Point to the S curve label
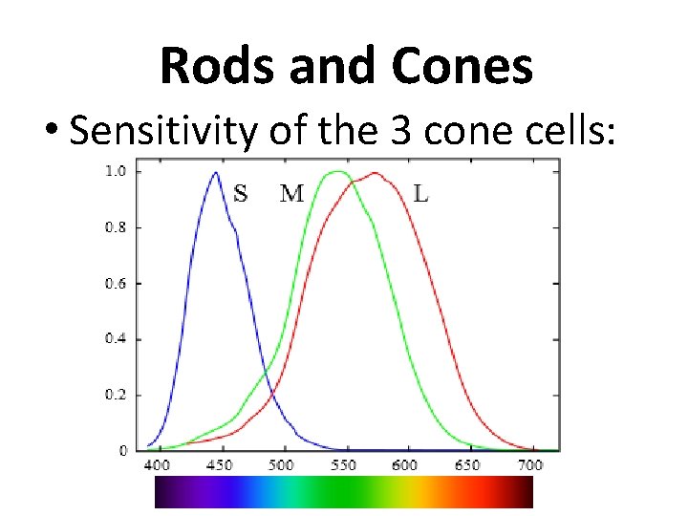click(x=241, y=194)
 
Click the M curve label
click(x=291, y=194)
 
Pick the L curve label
click(x=420, y=194)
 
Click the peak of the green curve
click(x=336, y=173)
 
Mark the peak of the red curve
click(x=376, y=174)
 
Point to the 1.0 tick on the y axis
click(x=116, y=172)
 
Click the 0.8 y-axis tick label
click(x=116, y=227)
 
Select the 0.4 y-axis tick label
click(x=116, y=339)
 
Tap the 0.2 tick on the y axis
click(x=116, y=395)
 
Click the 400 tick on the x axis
click(x=156, y=464)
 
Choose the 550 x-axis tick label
click(x=343, y=464)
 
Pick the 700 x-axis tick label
click(x=529, y=464)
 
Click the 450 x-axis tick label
click(x=219, y=464)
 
